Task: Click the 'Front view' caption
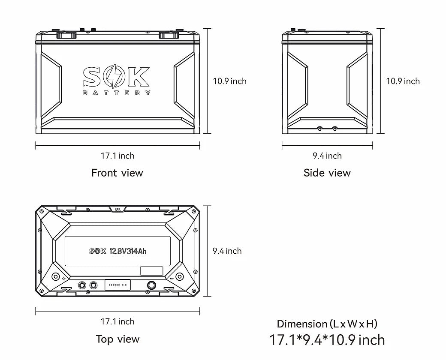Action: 117,173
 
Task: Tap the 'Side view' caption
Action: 327,173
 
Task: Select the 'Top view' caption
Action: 118,339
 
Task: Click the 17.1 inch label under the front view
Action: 118,156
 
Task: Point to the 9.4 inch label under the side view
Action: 327,156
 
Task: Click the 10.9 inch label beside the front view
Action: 229,81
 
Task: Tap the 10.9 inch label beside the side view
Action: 403,81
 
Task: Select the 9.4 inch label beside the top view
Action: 227,251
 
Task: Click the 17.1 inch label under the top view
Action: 118,321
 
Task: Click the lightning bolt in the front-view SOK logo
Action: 116,77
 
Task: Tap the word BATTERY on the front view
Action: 116,93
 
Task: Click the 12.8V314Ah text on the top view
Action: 128,251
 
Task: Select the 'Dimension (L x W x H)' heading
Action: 327,324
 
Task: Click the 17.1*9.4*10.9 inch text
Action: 327,340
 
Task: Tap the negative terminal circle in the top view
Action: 179,276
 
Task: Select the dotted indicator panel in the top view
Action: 117,285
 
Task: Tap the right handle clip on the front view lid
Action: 167,35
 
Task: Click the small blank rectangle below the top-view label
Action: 152,271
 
